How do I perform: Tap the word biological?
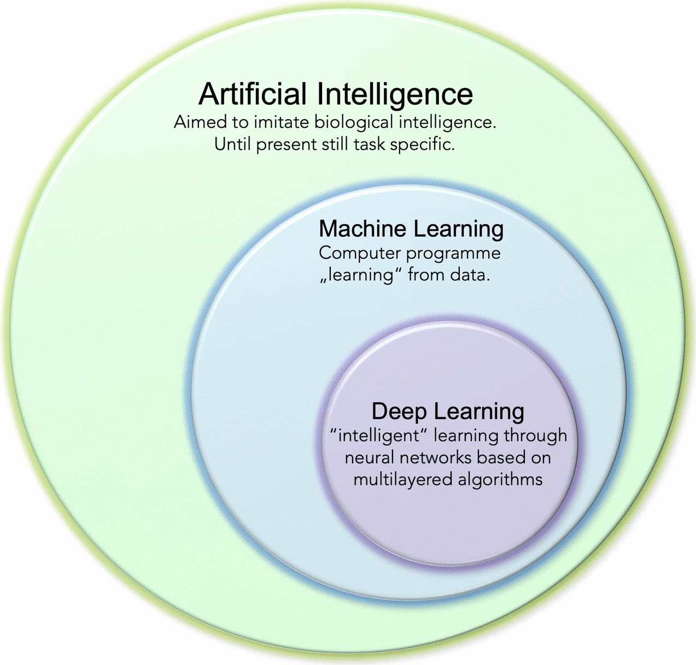pos(354,122)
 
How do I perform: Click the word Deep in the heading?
pos(399,411)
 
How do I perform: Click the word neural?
pos(366,457)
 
